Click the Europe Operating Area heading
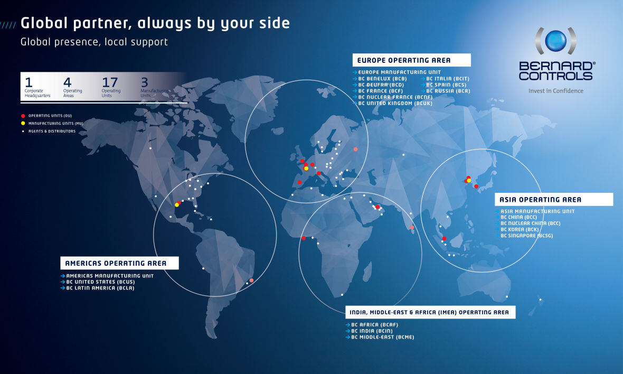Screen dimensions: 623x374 click(404, 60)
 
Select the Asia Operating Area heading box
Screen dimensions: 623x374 click(553, 200)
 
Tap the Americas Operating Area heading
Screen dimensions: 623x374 click(116, 263)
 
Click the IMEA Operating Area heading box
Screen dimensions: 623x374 click(430, 312)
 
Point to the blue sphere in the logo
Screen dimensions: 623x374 click(555, 41)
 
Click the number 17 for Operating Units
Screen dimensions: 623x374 click(110, 82)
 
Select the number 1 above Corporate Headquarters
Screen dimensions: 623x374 click(29, 82)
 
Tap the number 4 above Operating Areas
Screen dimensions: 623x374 click(67, 82)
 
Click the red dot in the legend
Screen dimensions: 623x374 click(23, 116)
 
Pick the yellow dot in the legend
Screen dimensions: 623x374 click(23, 123)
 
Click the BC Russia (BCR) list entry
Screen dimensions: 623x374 click(448, 91)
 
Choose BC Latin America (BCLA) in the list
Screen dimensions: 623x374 click(100, 288)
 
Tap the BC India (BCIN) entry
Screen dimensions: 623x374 click(372, 331)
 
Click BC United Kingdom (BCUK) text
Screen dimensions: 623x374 click(395, 104)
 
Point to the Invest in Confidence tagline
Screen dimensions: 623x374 click(556, 91)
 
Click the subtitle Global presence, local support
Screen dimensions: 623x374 click(94, 42)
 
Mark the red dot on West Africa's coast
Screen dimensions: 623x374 click(304, 238)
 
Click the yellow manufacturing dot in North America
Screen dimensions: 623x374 click(177, 205)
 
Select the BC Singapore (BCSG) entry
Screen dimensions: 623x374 click(527, 236)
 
